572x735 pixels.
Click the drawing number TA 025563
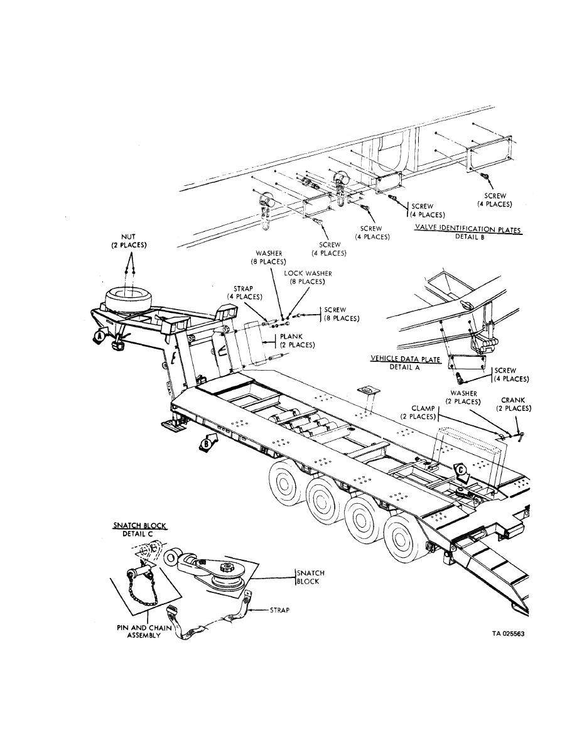coord(508,634)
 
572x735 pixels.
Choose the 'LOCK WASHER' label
coord(308,278)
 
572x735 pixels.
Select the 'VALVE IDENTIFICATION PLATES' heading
coord(468,229)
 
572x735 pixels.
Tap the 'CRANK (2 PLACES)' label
coord(513,404)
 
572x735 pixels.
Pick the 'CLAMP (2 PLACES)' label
coord(418,411)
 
